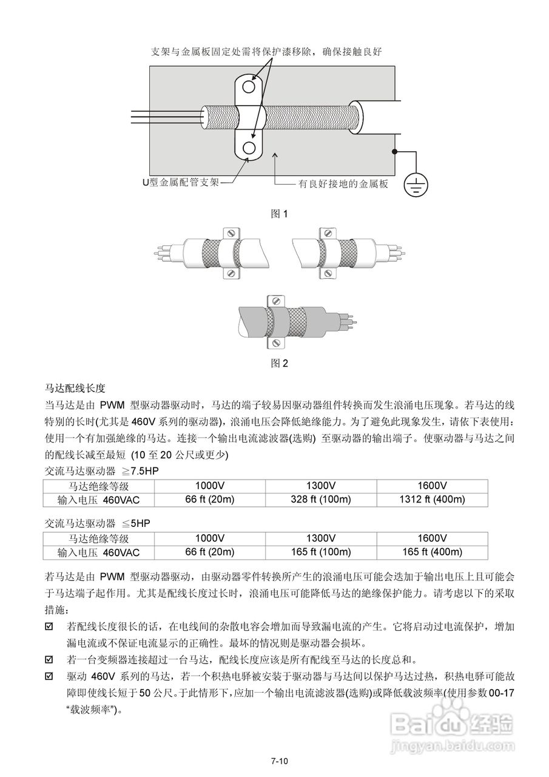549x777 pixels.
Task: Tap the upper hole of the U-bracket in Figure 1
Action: (x=249, y=88)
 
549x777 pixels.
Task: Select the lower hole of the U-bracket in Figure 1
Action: (x=249, y=148)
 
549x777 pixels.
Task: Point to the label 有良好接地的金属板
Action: (x=343, y=184)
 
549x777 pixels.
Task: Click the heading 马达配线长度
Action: (x=75, y=388)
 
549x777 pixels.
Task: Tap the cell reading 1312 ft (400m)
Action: (x=432, y=500)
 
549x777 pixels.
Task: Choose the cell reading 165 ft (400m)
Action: (x=432, y=552)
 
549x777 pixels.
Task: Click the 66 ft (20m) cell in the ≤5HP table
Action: (x=209, y=552)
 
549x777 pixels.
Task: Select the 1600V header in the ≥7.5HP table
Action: (x=432, y=486)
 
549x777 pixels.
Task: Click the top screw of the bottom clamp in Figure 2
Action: (x=276, y=300)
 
